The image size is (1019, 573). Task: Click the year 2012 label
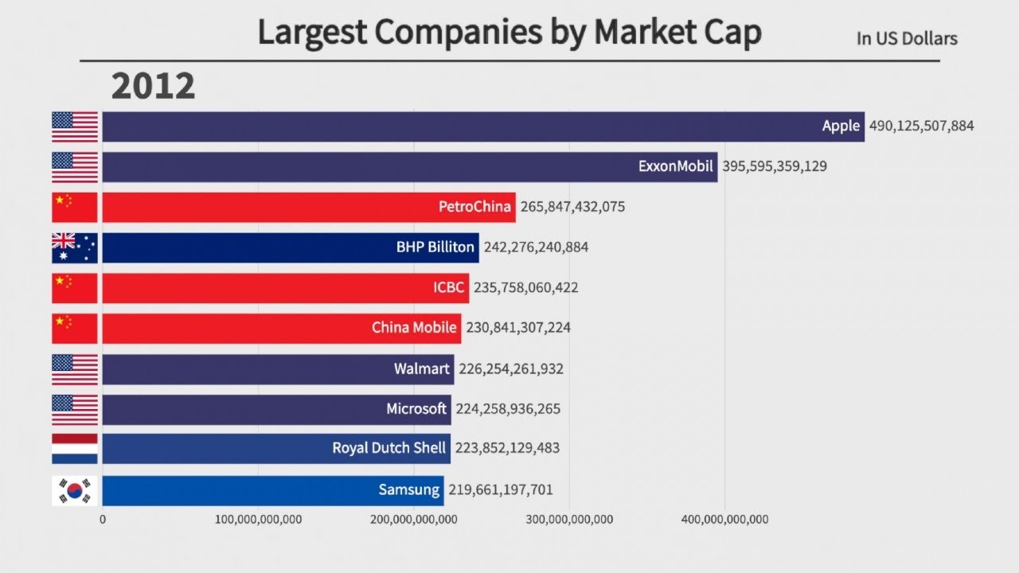tap(153, 86)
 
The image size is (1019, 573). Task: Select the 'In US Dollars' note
tap(907, 38)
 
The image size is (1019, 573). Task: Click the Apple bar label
tap(841, 126)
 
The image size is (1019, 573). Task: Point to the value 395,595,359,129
tap(774, 166)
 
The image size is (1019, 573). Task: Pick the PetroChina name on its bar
tap(474, 207)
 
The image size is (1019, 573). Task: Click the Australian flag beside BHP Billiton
tap(75, 248)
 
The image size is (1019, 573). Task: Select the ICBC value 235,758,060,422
tap(525, 288)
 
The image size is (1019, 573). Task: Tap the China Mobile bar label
tap(414, 328)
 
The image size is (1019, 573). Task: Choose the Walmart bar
tap(278, 369)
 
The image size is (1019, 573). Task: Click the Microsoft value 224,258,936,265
tap(508, 409)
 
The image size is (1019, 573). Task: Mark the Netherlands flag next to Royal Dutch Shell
tap(75, 449)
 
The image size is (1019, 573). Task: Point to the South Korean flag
tap(75, 490)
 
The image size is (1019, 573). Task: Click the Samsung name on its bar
tap(409, 490)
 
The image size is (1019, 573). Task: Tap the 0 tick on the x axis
tap(103, 520)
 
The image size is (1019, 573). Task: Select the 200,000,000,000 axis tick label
tap(414, 520)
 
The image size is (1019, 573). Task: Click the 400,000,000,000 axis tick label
tap(725, 520)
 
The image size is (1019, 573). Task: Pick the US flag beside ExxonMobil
tap(75, 166)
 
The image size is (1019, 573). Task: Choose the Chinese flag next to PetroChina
tap(75, 207)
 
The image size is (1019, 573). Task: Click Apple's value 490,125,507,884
tap(921, 126)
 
